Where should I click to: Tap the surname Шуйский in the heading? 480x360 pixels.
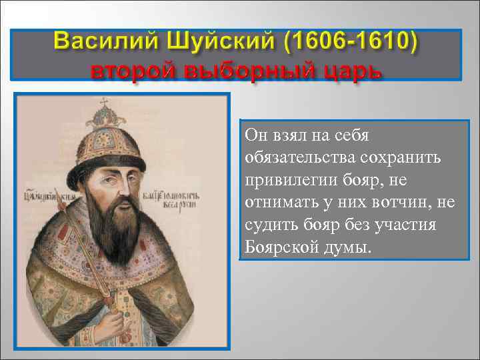tap(213, 42)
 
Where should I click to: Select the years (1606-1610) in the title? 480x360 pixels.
tap(350, 42)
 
